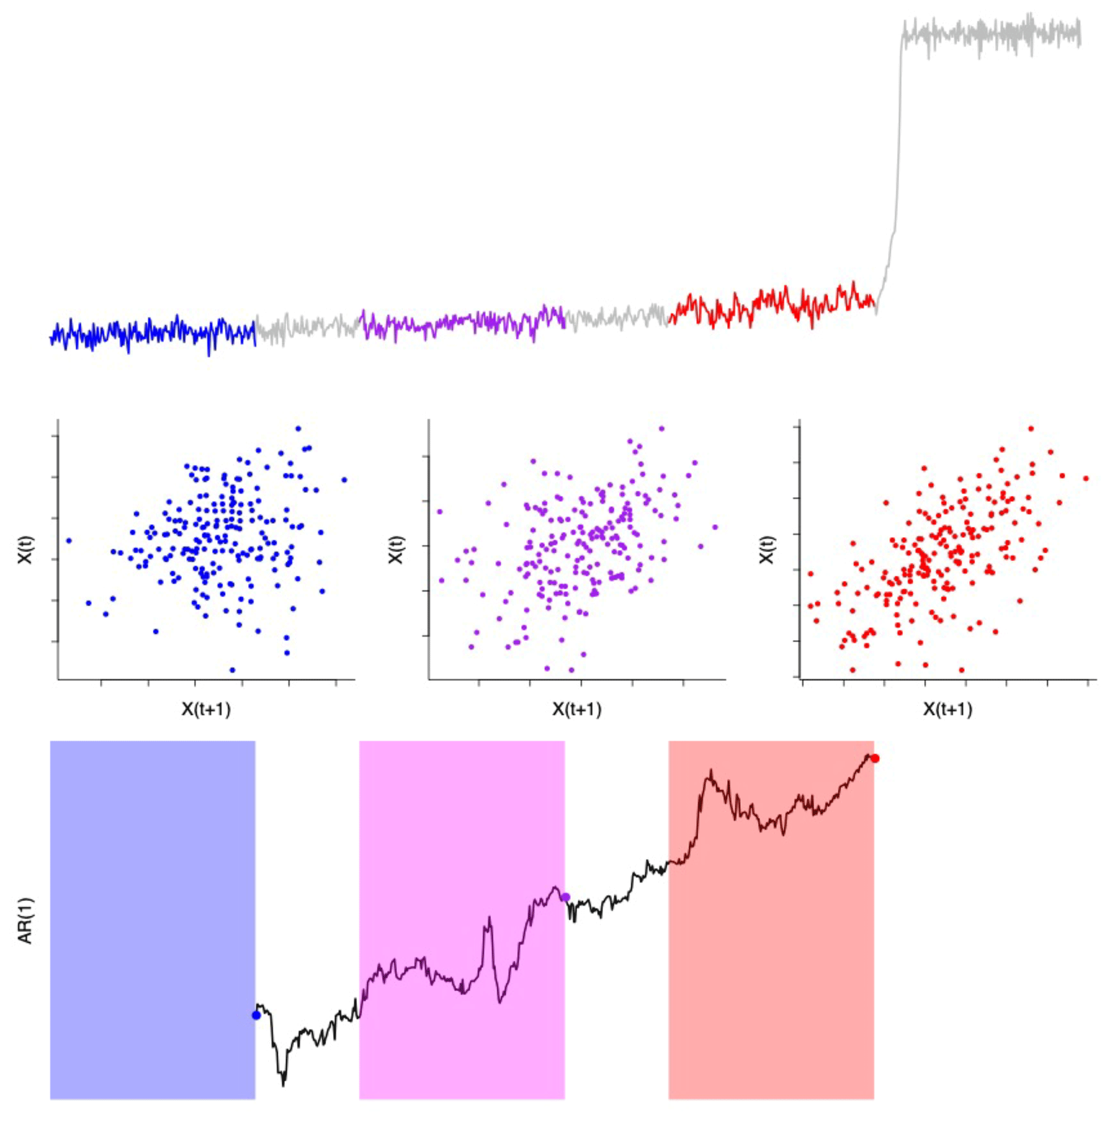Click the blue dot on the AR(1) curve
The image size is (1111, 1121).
click(x=256, y=1015)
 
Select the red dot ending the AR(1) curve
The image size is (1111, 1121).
click(x=875, y=759)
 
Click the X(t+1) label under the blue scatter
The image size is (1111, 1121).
click(x=206, y=709)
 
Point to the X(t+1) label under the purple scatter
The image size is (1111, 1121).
click(x=577, y=709)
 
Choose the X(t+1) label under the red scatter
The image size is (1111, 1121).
click(x=948, y=709)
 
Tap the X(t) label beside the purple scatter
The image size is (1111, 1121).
click(x=396, y=549)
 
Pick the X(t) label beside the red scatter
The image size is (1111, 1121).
click(x=767, y=549)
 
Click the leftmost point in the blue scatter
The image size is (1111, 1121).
click(x=69, y=540)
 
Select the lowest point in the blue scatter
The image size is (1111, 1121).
click(x=233, y=669)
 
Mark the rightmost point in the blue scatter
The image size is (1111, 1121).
click(x=344, y=480)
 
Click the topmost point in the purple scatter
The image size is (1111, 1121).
click(x=661, y=429)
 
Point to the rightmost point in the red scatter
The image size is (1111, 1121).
click(x=1086, y=479)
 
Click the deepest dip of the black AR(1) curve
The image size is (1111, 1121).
click(x=283, y=1083)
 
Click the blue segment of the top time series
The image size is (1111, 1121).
click(x=152, y=334)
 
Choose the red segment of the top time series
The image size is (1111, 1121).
click(x=772, y=305)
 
